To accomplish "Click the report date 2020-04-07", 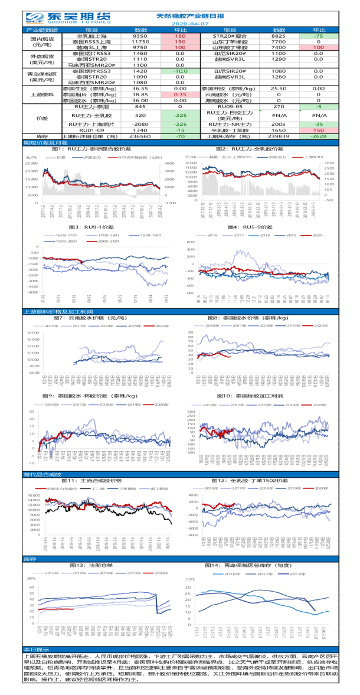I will click(181, 24).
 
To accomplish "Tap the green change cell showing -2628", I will click(318, 135).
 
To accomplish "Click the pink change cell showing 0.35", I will click(181, 94).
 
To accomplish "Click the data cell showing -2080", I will click(140, 124).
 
